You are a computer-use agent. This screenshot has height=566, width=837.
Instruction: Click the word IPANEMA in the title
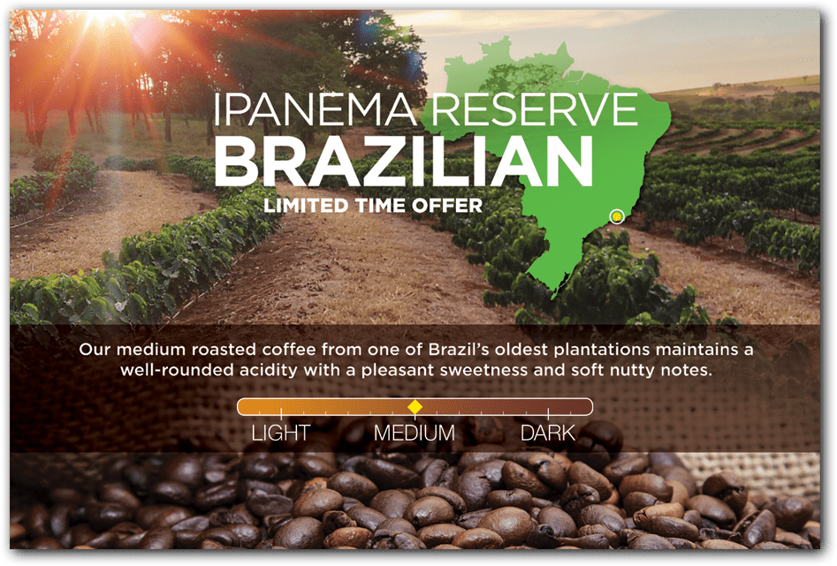coord(315,109)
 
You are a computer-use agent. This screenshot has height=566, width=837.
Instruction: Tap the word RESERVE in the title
coord(535,109)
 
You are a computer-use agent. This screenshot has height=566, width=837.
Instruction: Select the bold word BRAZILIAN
coord(404,161)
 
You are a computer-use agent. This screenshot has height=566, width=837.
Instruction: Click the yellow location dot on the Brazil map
coord(617,216)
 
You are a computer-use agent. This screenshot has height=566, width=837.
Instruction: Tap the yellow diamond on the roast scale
coord(415,407)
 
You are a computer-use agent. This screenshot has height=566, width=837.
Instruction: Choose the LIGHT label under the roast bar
coord(281,433)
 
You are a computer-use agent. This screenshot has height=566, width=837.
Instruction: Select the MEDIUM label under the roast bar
coord(415,433)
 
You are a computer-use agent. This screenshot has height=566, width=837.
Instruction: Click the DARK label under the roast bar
coord(548,433)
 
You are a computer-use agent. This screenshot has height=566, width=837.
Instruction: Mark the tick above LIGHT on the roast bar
coord(281,412)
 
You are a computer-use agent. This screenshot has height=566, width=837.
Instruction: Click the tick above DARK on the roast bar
coord(548,412)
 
